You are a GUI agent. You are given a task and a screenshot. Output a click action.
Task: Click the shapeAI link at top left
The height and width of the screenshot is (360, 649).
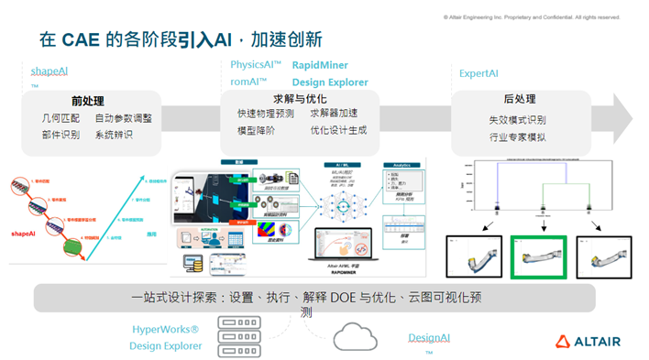[x=50, y=71]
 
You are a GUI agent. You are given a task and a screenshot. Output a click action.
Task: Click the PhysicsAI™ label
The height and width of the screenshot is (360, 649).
[x=256, y=66]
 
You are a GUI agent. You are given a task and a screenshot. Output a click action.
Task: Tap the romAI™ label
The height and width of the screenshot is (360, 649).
[x=248, y=82]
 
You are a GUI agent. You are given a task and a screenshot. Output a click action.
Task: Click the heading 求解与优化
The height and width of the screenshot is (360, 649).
[x=298, y=98]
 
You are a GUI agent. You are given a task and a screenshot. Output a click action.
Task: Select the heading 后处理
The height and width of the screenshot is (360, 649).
[x=519, y=99]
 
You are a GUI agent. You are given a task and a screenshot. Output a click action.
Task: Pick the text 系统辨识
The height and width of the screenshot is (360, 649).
[x=114, y=135]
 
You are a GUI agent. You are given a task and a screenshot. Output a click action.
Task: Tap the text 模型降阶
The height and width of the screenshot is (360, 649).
[x=256, y=131]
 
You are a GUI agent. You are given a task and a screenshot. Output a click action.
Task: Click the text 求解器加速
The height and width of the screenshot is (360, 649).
[x=334, y=114]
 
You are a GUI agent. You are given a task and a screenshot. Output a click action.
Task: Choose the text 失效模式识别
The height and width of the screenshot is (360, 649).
[x=518, y=120]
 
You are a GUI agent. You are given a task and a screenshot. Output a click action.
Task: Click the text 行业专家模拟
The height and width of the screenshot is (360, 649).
[x=518, y=137]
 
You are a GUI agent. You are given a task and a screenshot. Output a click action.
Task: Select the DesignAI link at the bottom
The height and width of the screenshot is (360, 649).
[x=429, y=338]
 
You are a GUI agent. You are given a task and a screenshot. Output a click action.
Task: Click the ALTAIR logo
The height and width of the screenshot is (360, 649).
[x=588, y=342]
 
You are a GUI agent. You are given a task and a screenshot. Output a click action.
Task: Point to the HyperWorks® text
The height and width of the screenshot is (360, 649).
[x=165, y=329]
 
